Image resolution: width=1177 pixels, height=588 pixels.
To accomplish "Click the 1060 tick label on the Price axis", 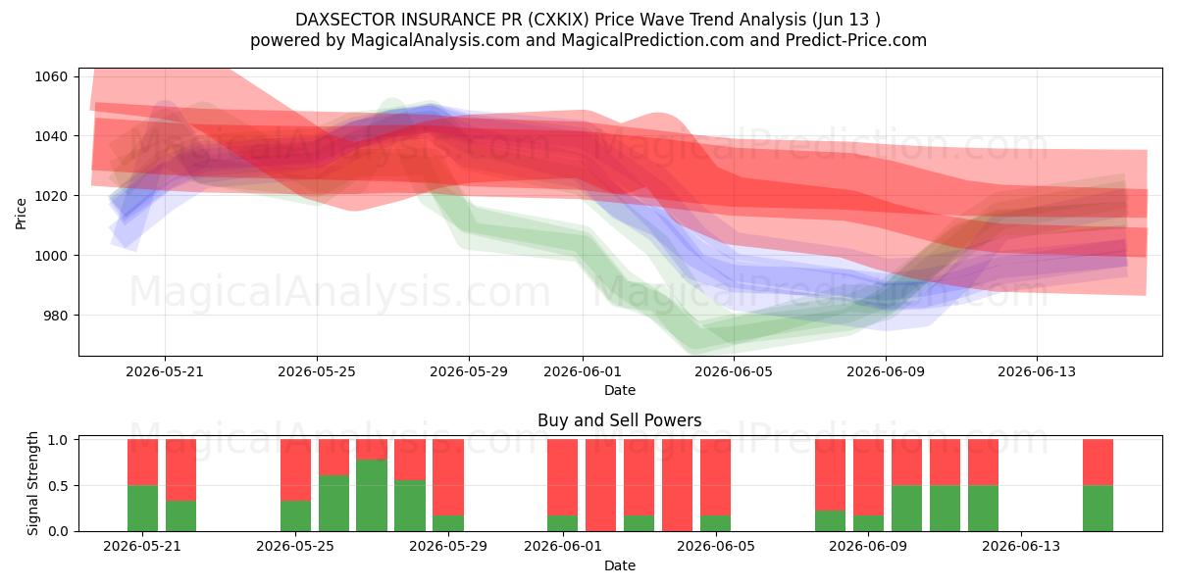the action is pyautogui.click(x=51, y=76).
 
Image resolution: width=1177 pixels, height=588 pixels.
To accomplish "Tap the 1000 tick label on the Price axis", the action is pyautogui.click(x=51, y=256).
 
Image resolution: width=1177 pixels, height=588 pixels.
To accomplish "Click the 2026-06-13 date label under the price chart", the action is pyautogui.click(x=1037, y=371).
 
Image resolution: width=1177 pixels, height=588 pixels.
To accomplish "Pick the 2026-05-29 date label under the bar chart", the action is pyautogui.click(x=448, y=546).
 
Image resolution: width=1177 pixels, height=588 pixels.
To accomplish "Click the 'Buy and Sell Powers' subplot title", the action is pyautogui.click(x=620, y=420).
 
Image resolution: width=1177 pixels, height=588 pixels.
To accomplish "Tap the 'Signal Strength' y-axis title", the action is pyautogui.click(x=32, y=483).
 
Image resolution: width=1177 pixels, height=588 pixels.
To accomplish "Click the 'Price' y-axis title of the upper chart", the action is pyautogui.click(x=21, y=214).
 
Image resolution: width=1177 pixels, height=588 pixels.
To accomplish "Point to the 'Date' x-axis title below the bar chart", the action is pyautogui.click(x=620, y=565).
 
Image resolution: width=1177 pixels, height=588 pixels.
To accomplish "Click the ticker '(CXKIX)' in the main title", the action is pyautogui.click(x=558, y=20).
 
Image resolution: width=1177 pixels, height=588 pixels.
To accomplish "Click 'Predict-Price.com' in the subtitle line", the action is pyautogui.click(x=856, y=40).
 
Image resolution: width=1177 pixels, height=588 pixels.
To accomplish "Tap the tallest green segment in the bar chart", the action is pyautogui.click(x=372, y=496).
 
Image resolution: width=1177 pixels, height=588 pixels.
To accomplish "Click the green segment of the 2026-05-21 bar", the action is pyautogui.click(x=142, y=509).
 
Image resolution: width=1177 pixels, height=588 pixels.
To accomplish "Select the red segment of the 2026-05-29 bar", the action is pyautogui.click(x=448, y=478).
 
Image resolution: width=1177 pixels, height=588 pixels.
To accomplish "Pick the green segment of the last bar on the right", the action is pyautogui.click(x=1098, y=509).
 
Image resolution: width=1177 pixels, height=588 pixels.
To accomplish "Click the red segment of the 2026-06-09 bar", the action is pyautogui.click(x=869, y=478).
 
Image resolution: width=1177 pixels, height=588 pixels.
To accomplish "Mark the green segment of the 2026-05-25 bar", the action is pyautogui.click(x=295, y=516).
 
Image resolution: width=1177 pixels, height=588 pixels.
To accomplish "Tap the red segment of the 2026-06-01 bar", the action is pyautogui.click(x=562, y=478).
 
